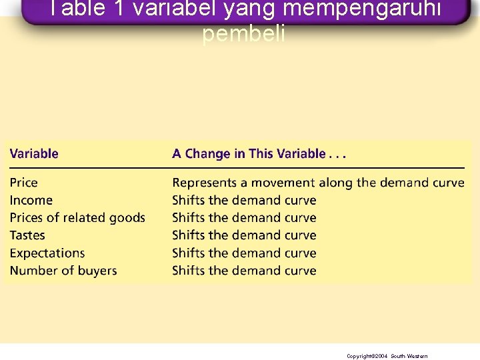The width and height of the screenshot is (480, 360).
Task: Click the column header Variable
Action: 34,154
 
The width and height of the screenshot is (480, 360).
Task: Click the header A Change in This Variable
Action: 259,154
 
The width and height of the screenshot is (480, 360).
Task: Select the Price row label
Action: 24,183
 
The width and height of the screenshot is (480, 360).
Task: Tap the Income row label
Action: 31,200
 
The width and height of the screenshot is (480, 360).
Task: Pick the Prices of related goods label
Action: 77,218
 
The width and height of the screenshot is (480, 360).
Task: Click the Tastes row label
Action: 27,235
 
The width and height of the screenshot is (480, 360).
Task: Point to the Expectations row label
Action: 47,253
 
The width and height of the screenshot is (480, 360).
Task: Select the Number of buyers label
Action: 63,271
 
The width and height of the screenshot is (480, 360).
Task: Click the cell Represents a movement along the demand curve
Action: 318,183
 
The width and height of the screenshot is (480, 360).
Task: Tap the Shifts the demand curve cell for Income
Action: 244,200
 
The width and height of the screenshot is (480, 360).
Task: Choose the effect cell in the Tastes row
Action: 244,235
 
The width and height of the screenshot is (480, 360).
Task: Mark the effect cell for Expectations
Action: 244,253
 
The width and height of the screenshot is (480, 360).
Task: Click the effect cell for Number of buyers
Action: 244,271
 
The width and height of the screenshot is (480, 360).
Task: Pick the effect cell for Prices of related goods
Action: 244,218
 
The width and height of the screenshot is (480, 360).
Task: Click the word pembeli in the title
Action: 243,35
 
